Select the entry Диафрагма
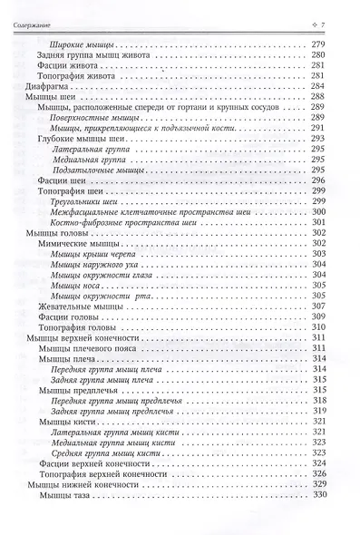click(44, 88)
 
